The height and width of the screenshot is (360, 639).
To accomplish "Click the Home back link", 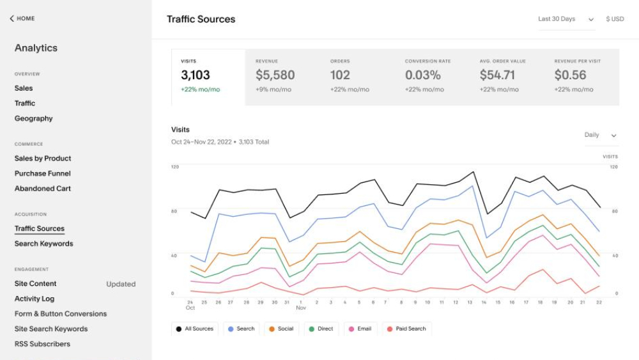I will [x=22, y=19].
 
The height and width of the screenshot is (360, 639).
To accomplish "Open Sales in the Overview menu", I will [x=24, y=88].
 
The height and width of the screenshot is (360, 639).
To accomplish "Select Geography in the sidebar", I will [x=33, y=118].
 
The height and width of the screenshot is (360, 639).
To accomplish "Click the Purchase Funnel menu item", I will [x=42, y=173].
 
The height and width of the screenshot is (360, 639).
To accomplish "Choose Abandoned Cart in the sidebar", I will [x=42, y=189].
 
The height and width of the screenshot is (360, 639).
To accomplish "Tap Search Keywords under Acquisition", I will [x=43, y=244].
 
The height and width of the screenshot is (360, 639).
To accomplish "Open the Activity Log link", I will [x=35, y=299].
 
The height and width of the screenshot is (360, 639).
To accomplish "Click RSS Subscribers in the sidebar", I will [x=42, y=344].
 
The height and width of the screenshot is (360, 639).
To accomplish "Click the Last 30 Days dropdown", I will [x=566, y=19].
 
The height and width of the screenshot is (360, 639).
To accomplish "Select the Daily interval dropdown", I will [x=600, y=135].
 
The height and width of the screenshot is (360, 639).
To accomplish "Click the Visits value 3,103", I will [x=196, y=75].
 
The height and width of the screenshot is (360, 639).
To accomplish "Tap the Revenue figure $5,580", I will [x=275, y=75].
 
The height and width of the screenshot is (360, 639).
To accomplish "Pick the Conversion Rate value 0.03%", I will [x=423, y=75].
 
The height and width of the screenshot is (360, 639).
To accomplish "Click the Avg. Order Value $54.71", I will [x=497, y=75].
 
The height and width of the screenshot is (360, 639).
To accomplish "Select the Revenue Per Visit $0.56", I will [x=570, y=75].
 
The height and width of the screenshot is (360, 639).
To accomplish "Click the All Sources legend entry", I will [x=195, y=329].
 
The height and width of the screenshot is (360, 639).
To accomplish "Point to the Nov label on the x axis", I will [x=301, y=308].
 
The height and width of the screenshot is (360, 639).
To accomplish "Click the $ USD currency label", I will [x=615, y=19].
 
